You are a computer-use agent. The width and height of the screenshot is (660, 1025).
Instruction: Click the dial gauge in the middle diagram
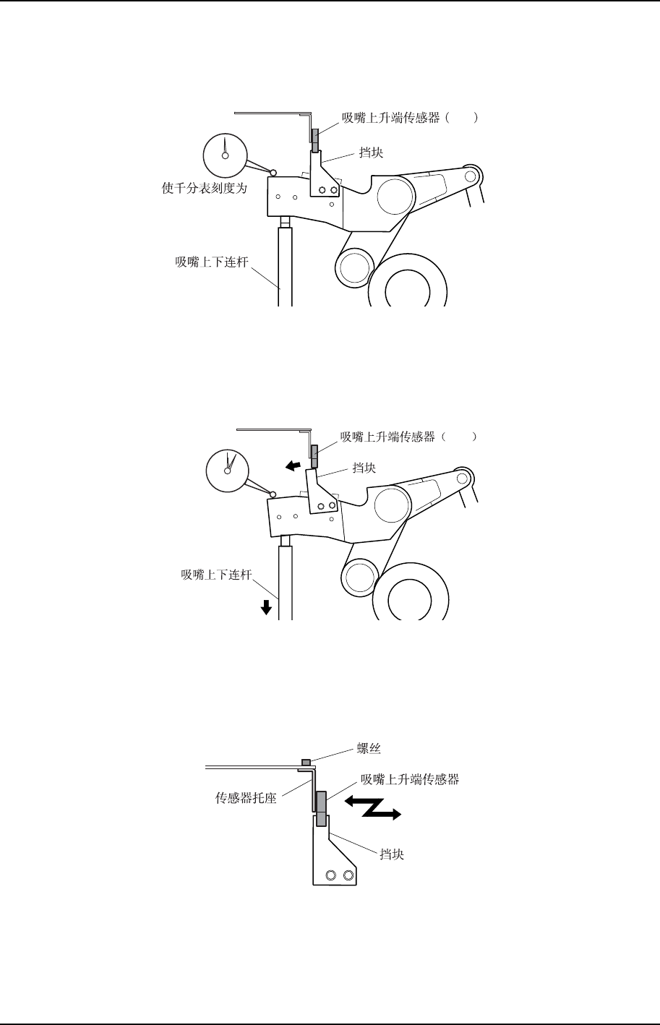[227, 471]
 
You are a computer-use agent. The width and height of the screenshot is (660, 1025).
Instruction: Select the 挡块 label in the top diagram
[372, 154]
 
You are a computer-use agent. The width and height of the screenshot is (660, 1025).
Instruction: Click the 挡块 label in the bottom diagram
[393, 854]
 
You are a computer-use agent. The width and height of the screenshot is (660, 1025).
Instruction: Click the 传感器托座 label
[246, 799]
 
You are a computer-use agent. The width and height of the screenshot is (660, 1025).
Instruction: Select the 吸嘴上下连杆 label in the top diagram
[211, 262]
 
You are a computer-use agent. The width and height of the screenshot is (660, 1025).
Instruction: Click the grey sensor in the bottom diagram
[321, 807]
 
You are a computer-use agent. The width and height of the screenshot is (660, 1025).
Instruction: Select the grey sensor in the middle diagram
[314, 457]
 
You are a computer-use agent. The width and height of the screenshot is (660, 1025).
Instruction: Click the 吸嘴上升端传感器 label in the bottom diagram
[410, 779]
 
